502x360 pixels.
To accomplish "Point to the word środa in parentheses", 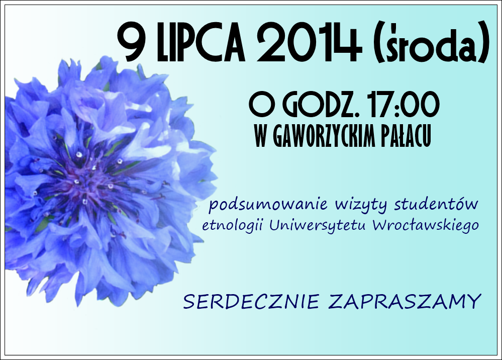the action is pos(431,44).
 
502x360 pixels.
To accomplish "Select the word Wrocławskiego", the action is pos(426,226).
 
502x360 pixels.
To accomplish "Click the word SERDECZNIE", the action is pos(251,301).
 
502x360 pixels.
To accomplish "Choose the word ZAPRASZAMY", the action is pos(405,301).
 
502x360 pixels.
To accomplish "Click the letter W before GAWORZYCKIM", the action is pos(262,136).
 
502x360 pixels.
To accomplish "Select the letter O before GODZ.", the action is pos(260,104).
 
